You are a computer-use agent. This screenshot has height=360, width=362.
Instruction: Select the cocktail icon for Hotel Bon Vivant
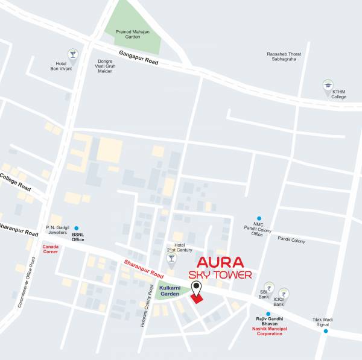tap(73, 54)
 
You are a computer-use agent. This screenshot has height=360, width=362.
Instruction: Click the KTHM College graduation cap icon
tap(328, 85)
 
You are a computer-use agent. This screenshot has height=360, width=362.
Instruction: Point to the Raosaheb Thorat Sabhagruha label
tap(284, 57)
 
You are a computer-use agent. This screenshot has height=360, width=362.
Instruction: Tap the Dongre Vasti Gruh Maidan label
tap(106, 66)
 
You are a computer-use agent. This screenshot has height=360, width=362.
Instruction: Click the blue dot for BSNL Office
tap(76, 229)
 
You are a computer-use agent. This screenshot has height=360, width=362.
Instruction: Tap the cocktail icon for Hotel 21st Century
tap(171, 258)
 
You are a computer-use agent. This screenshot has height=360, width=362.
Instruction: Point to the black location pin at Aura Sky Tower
tap(195, 290)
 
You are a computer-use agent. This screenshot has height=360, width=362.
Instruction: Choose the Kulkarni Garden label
tap(171, 291)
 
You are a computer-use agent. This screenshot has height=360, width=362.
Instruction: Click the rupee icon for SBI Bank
tap(268, 288)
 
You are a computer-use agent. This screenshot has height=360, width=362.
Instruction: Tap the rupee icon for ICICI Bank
tap(283, 293)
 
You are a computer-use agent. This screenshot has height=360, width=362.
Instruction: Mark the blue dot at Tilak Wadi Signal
tap(326, 330)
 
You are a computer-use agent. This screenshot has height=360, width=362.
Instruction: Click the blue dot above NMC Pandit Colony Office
tap(259, 218)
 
